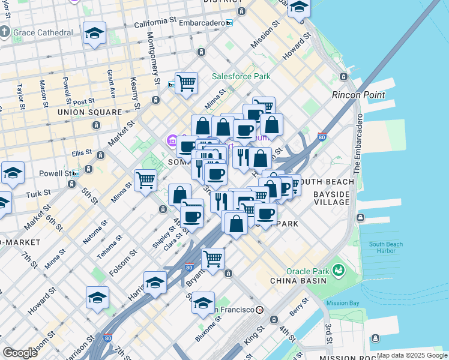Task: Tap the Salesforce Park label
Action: (241, 76)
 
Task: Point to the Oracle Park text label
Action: (306, 271)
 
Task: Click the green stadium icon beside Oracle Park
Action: (338, 271)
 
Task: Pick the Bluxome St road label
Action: (209, 329)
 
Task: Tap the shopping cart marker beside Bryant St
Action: (212, 259)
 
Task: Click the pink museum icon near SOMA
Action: (172, 142)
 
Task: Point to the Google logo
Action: (20, 353)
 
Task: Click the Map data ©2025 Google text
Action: (412, 355)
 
